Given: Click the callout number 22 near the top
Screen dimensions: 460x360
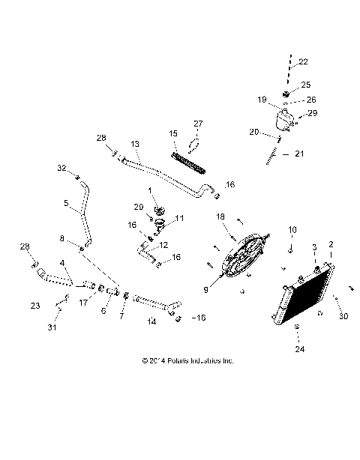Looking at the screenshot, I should click(x=303, y=61).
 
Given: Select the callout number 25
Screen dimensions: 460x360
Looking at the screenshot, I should click(x=305, y=84).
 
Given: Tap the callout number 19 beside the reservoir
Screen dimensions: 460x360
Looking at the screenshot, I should click(x=262, y=98).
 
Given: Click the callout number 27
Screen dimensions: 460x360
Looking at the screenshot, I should click(x=198, y=123).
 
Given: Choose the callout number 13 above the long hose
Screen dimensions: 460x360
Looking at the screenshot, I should click(x=135, y=143).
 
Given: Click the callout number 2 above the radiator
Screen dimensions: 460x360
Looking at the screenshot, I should click(x=331, y=244).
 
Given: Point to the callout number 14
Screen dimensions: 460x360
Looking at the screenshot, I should click(x=152, y=321).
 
